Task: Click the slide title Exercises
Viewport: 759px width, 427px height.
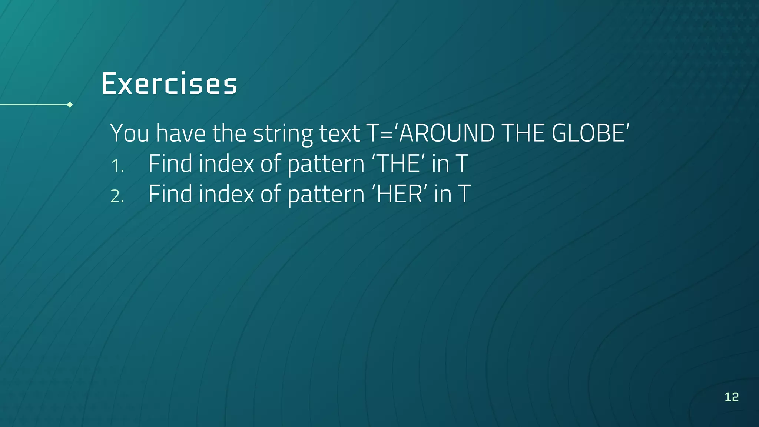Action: tap(169, 83)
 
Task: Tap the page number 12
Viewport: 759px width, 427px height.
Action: tap(732, 397)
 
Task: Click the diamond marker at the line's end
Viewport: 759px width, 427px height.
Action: tap(70, 105)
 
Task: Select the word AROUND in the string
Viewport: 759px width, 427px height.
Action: tap(447, 133)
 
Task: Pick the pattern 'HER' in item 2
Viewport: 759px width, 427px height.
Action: tap(400, 194)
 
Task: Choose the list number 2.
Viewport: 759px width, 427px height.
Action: tap(117, 196)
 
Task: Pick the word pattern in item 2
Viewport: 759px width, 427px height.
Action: tap(326, 195)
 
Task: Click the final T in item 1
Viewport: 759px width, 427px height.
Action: tap(462, 163)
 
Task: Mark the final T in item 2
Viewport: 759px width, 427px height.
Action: tap(464, 194)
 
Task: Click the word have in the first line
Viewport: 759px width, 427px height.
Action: tap(180, 133)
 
